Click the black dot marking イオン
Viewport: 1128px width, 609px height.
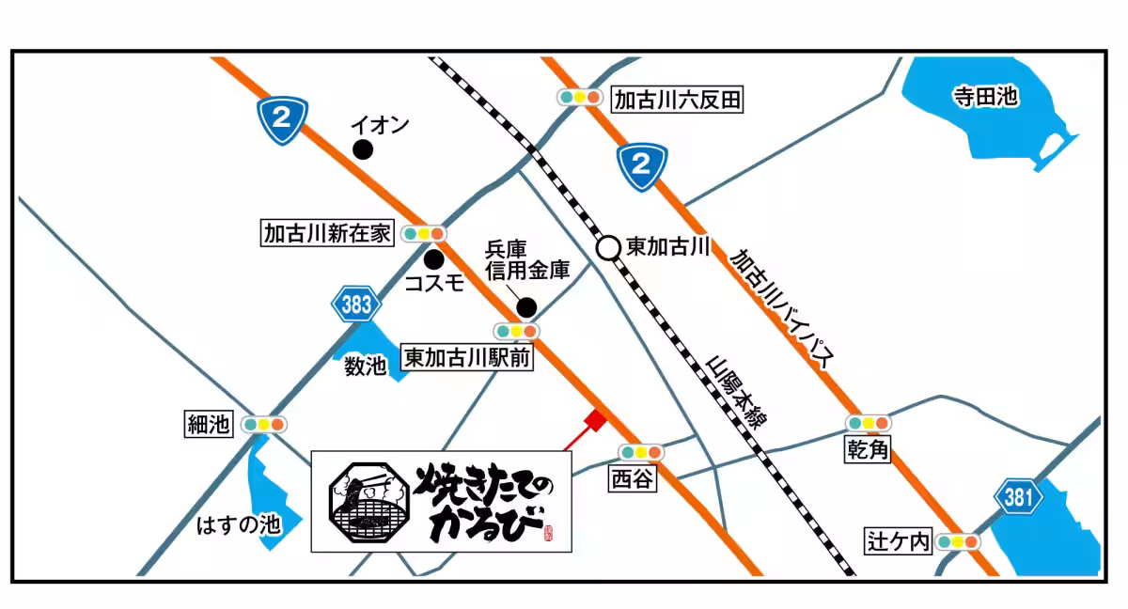click(362, 149)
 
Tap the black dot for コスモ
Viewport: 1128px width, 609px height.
click(433, 258)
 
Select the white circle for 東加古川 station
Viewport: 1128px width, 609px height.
click(608, 248)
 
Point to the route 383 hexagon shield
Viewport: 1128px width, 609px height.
click(356, 304)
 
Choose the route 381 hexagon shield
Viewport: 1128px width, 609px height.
click(1017, 500)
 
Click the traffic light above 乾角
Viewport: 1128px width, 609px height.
click(868, 424)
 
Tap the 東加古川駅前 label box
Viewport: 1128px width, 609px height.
click(467, 358)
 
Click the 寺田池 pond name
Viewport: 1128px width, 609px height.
click(983, 97)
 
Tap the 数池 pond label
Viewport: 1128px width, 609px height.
click(366, 367)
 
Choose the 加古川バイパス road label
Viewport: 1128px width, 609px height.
click(783, 308)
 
